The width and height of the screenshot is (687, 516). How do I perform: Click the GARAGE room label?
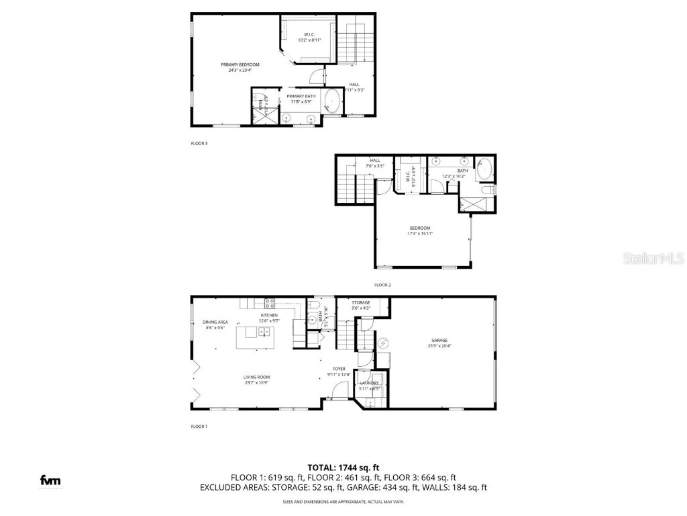(x=439, y=341)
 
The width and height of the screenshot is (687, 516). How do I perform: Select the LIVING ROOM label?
(x=256, y=377)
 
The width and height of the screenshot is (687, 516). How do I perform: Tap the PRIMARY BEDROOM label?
(x=240, y=64)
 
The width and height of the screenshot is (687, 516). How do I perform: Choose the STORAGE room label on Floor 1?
(x=361, y=303)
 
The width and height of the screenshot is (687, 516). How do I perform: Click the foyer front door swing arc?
(x=339, y=388)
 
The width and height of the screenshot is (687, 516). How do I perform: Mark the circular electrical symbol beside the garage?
(x=383, y=343)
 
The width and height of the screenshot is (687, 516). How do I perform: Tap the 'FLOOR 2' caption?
(x=382, y=285)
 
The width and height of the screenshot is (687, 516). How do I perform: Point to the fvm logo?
(x=49, y=480)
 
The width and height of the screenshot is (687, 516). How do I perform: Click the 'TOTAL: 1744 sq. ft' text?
(x=343, y=467)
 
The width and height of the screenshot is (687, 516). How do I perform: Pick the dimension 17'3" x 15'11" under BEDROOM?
(x=420, y=234)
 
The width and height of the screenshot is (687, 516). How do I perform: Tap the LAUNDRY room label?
(x=369, y=383)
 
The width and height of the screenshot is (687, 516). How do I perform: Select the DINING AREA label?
(x=215, y=322)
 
